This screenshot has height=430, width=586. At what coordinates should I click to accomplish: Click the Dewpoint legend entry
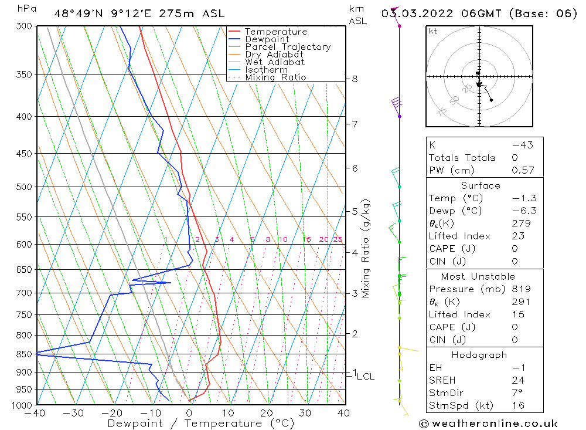[x=267, y=39]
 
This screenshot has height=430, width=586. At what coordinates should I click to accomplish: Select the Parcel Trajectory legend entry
[x=288, y=47]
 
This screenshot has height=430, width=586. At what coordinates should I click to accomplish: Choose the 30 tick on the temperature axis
[x=305, y=413]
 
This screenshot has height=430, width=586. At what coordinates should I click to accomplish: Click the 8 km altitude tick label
[x=355, y=79]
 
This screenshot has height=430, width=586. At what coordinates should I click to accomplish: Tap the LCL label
[x=365, y=377]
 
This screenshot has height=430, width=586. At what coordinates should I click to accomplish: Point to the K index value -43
[x=522, y=145]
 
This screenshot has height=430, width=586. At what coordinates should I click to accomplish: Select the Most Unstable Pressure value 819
[x=521, y=289]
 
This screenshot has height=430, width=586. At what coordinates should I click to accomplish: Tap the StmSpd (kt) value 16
[x=519, y=405]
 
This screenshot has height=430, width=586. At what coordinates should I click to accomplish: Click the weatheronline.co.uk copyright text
[x=488, y=424]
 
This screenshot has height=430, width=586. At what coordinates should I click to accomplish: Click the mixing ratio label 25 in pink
[x=338, y=239]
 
